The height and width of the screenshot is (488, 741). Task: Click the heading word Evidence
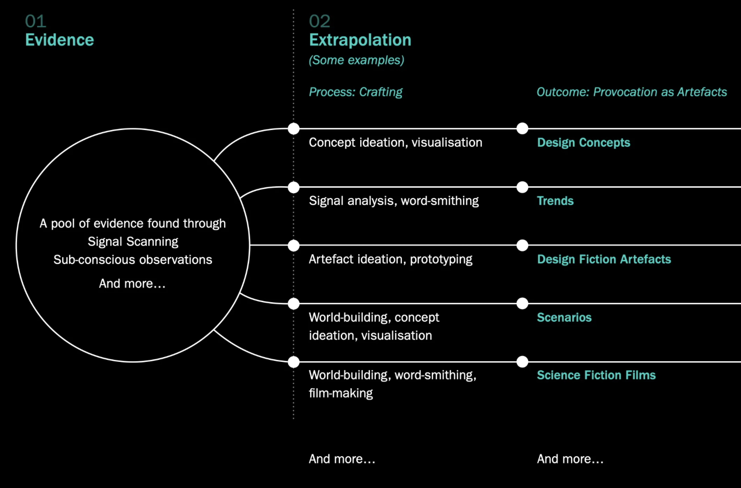(59, 40)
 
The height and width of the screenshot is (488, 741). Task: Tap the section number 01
(36, 21)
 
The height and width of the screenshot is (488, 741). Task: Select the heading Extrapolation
(360, 40)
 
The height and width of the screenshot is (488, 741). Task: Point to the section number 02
(320, 21)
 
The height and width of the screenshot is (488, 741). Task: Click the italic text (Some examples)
(356, 60)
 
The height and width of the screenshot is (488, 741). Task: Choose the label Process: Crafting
(355, 92)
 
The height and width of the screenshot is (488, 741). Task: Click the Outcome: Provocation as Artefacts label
(631, 92)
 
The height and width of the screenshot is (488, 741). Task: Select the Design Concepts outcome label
(583, 143)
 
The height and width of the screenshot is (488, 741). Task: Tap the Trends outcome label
(555, 201)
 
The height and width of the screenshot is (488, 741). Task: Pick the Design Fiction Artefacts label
(604, 259)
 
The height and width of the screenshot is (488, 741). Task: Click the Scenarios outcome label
(564, 317)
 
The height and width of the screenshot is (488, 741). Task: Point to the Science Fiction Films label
(596, 375)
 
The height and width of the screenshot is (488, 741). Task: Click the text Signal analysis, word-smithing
(394, 201)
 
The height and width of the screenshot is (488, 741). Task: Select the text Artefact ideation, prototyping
(391, 259)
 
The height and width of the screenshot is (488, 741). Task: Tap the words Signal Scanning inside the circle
(133, 242)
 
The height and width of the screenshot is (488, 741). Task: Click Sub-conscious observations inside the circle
(133, 260)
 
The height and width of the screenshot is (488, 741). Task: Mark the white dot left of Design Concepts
(522, 129)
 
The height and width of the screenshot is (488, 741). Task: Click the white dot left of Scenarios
(522, 304)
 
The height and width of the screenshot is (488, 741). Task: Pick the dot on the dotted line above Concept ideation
(294, 129)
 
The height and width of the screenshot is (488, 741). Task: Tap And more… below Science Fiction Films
(570, 459)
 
